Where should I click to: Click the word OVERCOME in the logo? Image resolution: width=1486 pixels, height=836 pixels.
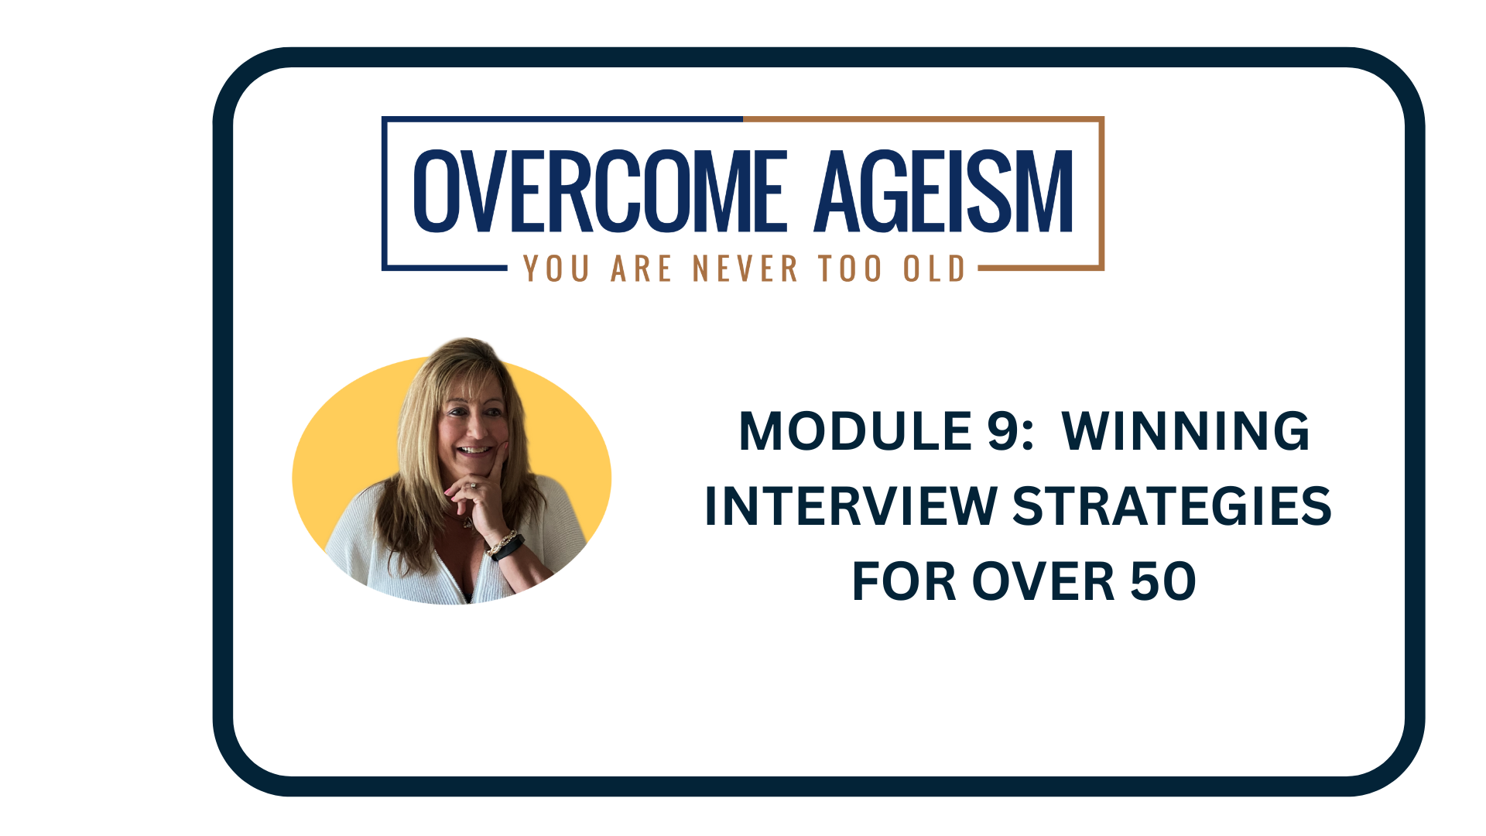click(x=600, y=191)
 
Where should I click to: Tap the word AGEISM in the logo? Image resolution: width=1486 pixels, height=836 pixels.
click(x=943, y=191)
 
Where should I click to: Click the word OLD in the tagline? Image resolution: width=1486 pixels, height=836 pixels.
click(x=934, y=269)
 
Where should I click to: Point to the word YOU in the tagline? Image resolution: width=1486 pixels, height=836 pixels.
click(x=556, y=269)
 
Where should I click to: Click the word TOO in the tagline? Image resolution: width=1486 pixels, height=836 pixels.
click(x=850, y=269)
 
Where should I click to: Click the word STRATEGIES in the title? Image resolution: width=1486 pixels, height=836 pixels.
click(x=1172, y=506)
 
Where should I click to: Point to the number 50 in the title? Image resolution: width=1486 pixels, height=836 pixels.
click(x=1163, y=581)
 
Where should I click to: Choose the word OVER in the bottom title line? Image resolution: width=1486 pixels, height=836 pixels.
click(x=1043, y=581)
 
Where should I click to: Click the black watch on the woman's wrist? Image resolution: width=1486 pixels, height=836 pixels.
click(x=507, y=548)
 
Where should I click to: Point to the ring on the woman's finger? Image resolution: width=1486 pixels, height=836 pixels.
click(x=472, y=487)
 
